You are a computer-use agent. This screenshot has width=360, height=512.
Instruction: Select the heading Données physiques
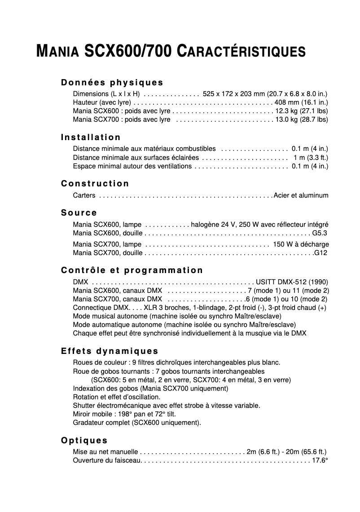pyautogui.click(x=112, y=83)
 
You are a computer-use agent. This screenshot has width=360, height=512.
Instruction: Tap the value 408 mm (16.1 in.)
pyautogui.click(x=301, y=102)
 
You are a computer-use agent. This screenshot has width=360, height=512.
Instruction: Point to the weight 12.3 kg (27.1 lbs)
pyautogui.click(x=302, y=111)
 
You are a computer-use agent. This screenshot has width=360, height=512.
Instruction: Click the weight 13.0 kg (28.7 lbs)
pyautogui.click(x=302, y=119)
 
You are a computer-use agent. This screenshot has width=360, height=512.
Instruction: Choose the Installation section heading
pyautogui.click(x=91, y=137)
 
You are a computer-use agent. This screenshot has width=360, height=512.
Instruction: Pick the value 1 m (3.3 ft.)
pyautogui.click(x=311, y=157)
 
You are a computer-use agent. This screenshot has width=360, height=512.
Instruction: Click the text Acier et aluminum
pyautogui.click(x=301, y=195)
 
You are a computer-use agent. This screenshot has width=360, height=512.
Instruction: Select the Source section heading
pyautogui.click(x=79, y=212)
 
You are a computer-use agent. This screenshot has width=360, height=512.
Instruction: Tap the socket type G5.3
pyautogui.click(x=320, y=233)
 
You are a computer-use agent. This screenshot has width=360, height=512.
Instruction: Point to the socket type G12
pyautogui.click(x=321, y=253)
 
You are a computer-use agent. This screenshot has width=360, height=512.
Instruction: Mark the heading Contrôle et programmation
pyautogui.click(x=132, y=270)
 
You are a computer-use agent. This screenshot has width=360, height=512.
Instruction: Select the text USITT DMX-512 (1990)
pyautogui.click(x=292, y=282)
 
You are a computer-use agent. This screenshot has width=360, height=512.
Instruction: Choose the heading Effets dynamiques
pyautogui.click(x=110, y=351)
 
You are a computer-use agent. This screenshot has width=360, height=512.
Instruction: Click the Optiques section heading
pyautogui.click(x=84, y=440)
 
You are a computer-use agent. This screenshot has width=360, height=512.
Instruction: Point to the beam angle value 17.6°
pyautogui.click(x=320, y=460)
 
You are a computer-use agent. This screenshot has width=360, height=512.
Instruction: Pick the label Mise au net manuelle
pyautogui.click(x=105, y=452)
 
